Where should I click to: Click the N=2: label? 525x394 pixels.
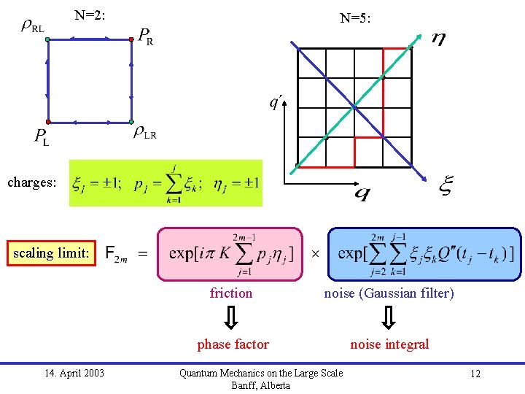point(90,14)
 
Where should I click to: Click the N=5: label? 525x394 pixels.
point(356,18)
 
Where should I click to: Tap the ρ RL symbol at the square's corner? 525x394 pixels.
point(32,27)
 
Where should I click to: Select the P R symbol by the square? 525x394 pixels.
point(145,36)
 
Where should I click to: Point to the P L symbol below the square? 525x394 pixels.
point(42,136)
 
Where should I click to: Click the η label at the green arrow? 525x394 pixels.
point(438,39)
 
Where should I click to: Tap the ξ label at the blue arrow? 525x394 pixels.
point(445,186)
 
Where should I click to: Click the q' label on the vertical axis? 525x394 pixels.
point(276,101)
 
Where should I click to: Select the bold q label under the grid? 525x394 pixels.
point(362,193)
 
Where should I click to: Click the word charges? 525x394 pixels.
point(31,182)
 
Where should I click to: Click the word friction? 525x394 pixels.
point(230,293)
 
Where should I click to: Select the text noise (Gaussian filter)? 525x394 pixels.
point(389,293)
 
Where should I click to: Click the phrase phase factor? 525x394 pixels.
point(233,344)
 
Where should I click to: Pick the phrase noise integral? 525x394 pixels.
point(389,344)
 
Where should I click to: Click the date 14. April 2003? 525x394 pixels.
point(74,374)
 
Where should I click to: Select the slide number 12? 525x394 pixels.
point(475,374)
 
